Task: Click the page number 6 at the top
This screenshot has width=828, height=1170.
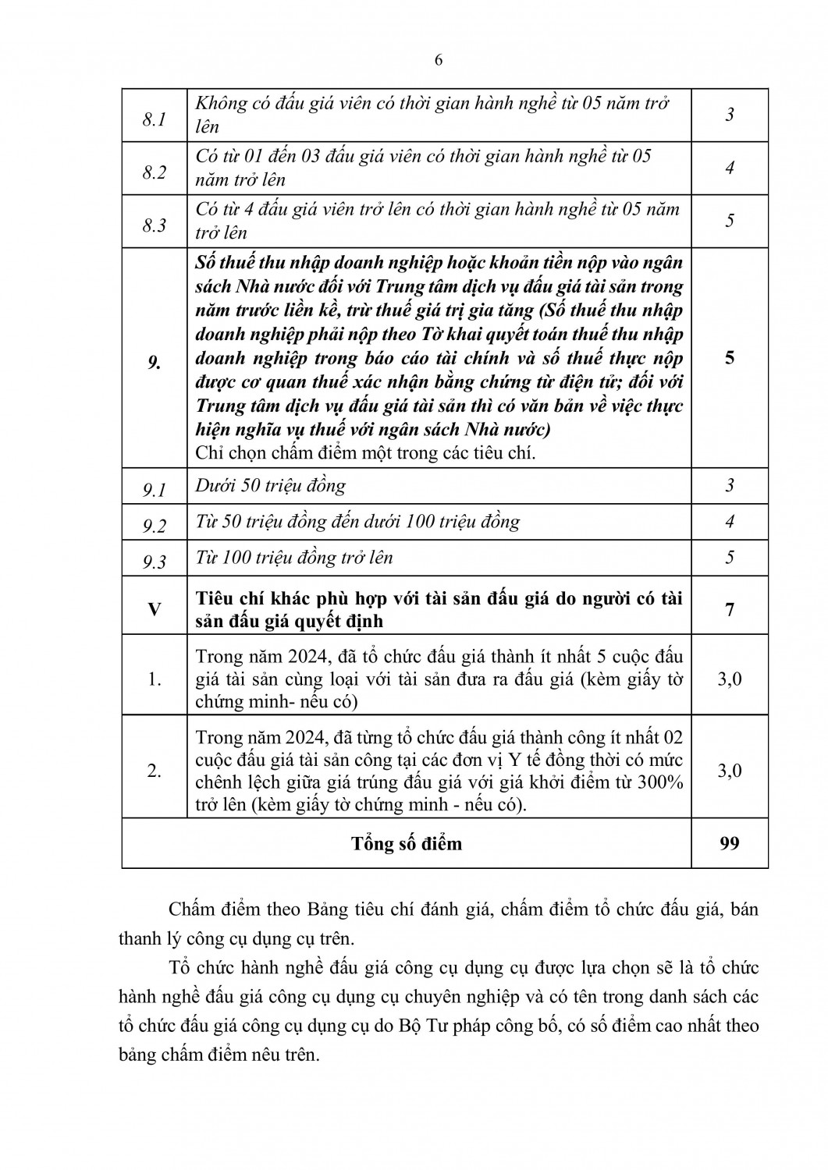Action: pos(438,62)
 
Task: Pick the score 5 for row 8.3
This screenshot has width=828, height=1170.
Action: pos(730,220)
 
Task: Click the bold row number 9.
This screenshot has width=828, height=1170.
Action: pos(155,363)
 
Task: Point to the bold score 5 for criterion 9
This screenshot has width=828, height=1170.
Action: pos(730,359)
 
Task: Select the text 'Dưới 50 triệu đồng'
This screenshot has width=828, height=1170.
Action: pos(270,485)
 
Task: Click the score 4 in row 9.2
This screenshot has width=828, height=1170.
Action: pos(730,521)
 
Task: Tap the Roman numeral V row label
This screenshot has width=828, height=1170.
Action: pos(155,608)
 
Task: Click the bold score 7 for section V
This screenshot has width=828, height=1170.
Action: pos(730,609)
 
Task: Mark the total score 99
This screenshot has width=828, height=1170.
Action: pos(730,842)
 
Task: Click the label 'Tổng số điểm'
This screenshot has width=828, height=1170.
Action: pos(407,843)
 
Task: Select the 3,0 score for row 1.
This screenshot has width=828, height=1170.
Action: pos(730,679)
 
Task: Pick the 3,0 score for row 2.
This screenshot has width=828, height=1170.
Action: pos(730,771)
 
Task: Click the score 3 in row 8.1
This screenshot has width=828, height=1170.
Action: pos(730,115)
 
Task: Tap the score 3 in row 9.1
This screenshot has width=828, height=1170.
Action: pos(730,485)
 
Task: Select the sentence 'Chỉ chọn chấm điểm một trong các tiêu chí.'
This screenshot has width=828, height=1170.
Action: pos(365,453)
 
